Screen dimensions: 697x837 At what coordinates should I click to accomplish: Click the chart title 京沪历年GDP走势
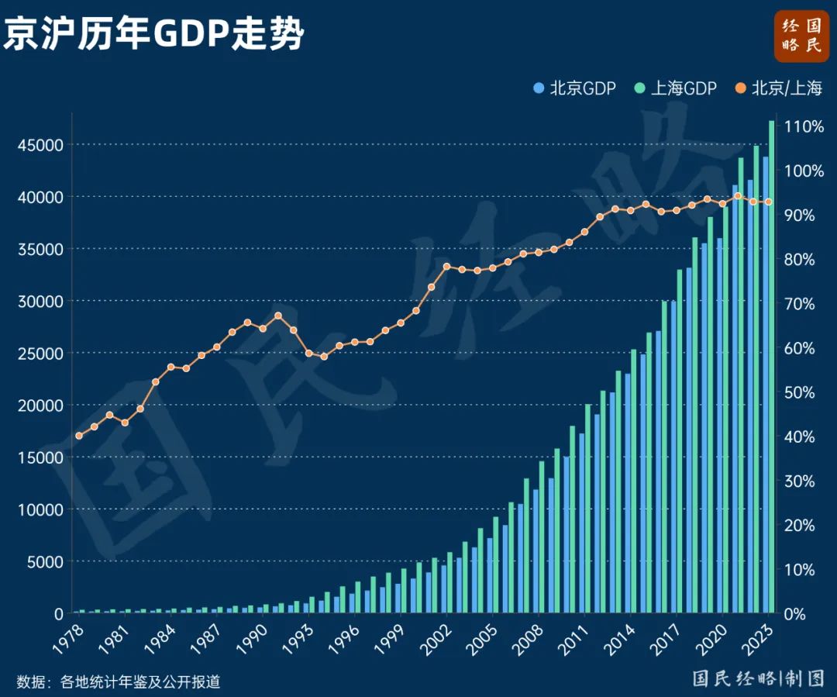click(x=153, y=35)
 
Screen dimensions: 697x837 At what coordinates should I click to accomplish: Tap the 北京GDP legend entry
click(x=575, y=88)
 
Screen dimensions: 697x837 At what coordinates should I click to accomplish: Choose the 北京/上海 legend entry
click(x=778, y=88)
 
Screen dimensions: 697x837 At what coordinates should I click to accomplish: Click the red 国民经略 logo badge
click(x=801, y=36)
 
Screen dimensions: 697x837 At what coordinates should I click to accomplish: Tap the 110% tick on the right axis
click(x=806, y=126)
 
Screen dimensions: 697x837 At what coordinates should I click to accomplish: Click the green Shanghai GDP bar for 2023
click(x=771, y=364)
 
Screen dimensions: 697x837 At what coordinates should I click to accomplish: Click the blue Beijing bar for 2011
click(x=581, y=523)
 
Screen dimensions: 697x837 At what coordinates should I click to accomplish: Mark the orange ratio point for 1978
click(x=78, y=436)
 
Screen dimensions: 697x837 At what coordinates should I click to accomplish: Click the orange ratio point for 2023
click(x=768, y=202)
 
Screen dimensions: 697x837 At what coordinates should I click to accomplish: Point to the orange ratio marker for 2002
click(x=446, y=267)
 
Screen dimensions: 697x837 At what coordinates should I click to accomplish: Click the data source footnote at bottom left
click(x=119, y=681)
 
